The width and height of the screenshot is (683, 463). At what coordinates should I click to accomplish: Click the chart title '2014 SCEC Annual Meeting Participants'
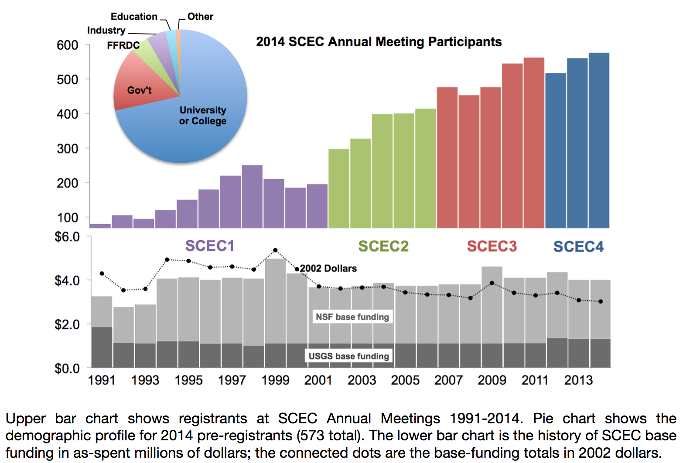coord(379,42)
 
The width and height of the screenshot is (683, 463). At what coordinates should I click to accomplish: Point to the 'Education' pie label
coord(134,17)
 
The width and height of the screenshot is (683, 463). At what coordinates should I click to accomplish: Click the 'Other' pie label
coord(200,17)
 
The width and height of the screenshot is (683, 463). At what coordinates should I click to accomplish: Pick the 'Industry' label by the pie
coord(106,31)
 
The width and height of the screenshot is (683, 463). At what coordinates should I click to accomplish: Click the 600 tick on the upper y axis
coord(68,45)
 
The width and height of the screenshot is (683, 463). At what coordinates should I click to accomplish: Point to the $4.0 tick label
coord(67,280)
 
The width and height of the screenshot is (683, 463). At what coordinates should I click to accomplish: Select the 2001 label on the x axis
coord(318,380)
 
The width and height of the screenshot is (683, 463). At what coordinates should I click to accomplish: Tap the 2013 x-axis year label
coord(578,380)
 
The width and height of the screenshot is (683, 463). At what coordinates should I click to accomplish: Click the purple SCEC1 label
coord(210,246)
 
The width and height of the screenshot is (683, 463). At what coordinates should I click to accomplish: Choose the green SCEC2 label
coord(383,246)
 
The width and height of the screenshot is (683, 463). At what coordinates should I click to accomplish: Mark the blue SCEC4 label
coord(578,247)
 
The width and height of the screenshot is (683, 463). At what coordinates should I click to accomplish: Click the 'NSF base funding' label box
coord(352,317)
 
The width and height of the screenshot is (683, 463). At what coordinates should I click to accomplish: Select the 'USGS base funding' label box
coord(348,356)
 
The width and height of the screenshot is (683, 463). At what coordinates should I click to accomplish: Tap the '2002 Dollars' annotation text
coord(328,269)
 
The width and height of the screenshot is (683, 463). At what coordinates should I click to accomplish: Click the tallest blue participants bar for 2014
coord(599,140)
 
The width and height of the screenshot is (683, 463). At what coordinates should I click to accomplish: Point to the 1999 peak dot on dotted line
coord(275,250)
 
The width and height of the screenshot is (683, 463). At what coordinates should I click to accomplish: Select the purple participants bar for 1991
coord(100,226)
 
